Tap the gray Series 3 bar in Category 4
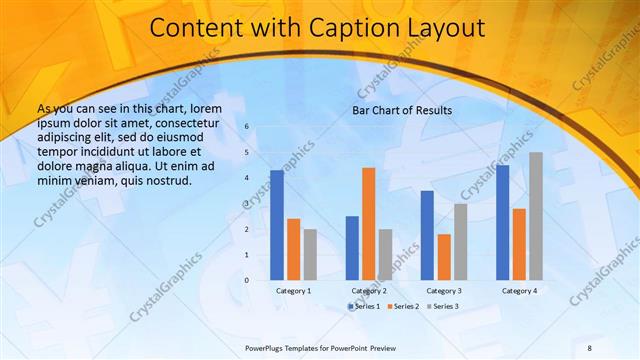536,216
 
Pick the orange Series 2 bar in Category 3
444,257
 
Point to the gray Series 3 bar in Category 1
310,254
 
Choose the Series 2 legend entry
402,305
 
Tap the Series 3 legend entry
442,305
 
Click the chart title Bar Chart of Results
402,110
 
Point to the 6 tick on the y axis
248,127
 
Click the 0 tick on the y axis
248,280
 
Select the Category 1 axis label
293,290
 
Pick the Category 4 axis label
519,290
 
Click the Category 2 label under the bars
368,290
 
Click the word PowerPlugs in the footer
266,347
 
